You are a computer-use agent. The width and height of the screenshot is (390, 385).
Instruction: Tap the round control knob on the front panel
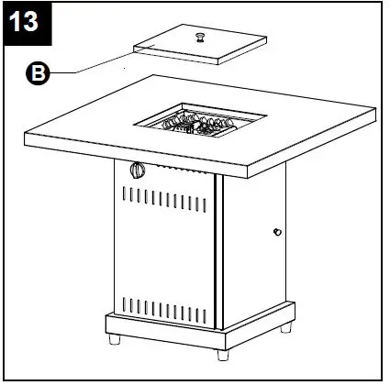click(139, 170)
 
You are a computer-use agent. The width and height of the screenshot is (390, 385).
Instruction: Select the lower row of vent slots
click(165, 305)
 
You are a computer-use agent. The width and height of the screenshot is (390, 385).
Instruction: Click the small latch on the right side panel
click(275, 232)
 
